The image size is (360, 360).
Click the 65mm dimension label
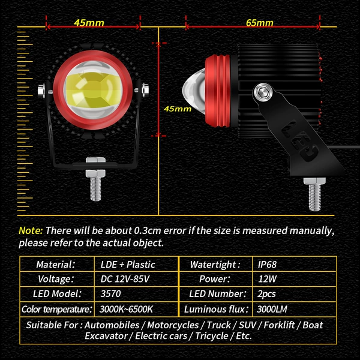pyautogui.click(x=259, y=23)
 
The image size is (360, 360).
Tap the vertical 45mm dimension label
pyautogui.click(x=178, y=109)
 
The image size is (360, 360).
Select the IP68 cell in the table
pyautogui.click(x=267, y=265)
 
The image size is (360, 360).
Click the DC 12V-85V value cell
pyautogui.click(x=125, y=279)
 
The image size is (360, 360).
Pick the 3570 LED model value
pyautogui.click(x=110, y=293)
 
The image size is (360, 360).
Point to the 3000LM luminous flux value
pyautogui.click(x=272, y=309)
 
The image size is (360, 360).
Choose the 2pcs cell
pyautogui.click(x=266, y=294)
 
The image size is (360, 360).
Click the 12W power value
pyautogui.click(x=267, y=279)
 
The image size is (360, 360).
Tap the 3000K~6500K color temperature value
pyautogui.click(x=126, y=309)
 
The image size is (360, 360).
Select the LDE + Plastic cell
pyautogui.click(x=128, y=265)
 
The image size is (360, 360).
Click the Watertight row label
pyautogui.click(x=215, y=265)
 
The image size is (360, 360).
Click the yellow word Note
pyautogui.click(x=31, y=230)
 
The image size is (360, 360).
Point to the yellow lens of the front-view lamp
pyautogui.click(x=93, y=90)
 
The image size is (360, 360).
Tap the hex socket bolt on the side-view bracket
pyautogui.click(x=263, y=93)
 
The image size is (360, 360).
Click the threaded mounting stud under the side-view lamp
pyautogui.click(x=314, y=194)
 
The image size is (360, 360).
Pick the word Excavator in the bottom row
pyautogui.click(x=106, y=336)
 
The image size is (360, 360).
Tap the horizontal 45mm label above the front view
pyautogui.click(x=89, y=23)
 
